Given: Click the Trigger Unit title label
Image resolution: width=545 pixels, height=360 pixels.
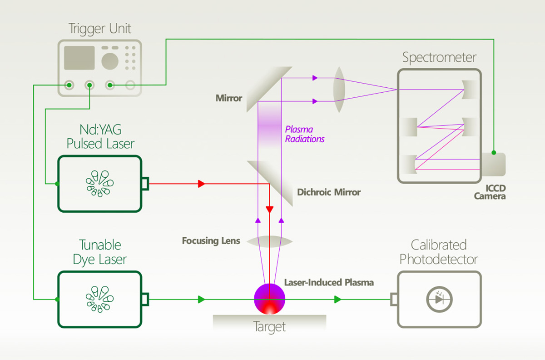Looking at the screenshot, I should [x=99, y=29].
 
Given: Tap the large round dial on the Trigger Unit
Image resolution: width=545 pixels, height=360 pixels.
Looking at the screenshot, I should [x=110, y=60].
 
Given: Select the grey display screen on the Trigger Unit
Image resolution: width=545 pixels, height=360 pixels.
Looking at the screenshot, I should [x=79, y=57].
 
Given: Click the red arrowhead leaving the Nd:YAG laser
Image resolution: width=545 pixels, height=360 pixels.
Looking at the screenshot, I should [x=202, y=184].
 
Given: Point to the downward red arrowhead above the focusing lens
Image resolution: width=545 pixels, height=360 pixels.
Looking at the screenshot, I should [x=270, y=210].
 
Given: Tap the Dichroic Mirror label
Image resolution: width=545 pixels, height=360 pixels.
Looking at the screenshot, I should [x=329, y=192].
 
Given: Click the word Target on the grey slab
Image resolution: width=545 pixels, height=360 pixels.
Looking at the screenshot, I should [x=270, y=327].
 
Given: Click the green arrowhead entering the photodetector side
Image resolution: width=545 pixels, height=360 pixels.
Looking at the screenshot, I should [x=337, y=300].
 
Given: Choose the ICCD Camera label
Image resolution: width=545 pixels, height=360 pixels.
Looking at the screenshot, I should [x=490, y=192].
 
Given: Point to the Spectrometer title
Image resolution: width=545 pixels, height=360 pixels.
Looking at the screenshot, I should [x=439, y=58].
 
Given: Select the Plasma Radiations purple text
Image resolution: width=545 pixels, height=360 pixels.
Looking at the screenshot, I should [x=305, y=135].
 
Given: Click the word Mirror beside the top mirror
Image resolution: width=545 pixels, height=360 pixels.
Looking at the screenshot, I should [x=229, y=98].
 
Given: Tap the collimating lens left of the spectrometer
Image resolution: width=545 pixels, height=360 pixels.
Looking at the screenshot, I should [x=340, y=90].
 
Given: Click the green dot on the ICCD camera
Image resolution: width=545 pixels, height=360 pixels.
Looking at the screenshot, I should [x=494, y=153].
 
